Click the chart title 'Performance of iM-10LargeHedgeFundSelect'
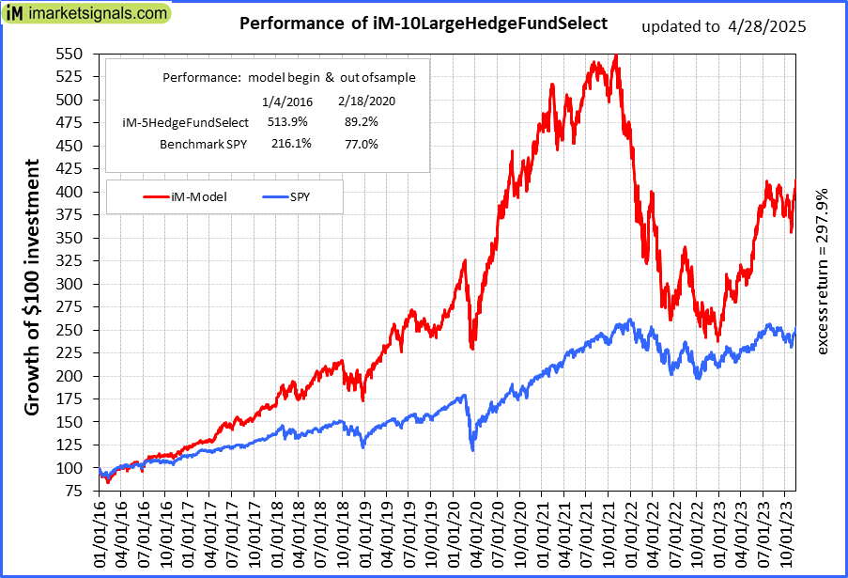click(x=424, y=23)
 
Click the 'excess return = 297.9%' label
click(x=822, y=272)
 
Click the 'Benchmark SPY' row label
click(x=203, y=144)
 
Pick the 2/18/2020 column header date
click(x=362, y=101)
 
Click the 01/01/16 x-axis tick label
click(x=100, y=533)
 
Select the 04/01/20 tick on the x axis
click(x=475, y=533)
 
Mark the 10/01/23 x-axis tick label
click(x=784, y=533)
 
